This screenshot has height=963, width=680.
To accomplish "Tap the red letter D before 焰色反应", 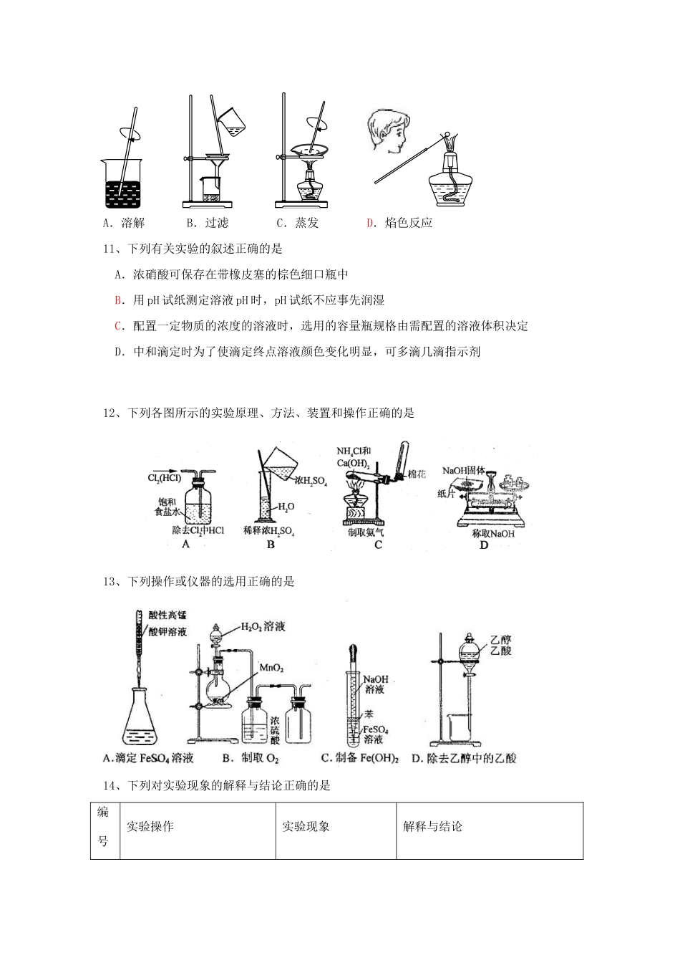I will click(370, 223).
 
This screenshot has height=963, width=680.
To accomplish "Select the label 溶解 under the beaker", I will click(133, 223).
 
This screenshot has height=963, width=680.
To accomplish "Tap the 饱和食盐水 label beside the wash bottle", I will click(165, 507).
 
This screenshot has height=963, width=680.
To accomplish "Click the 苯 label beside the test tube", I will click(369, 714).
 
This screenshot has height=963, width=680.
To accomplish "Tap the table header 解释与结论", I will click(433, 826).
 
